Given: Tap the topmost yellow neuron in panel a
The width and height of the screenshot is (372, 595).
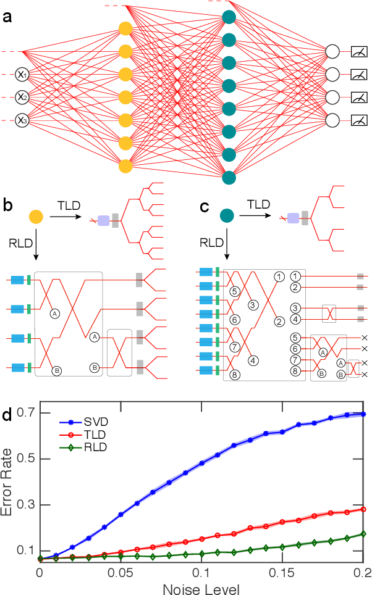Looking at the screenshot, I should click(x=125, y=28).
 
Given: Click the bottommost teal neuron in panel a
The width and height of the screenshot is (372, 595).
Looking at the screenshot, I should click(x=229, y=176).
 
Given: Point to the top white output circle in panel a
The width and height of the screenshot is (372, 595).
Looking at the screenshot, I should click(x=333, y=51).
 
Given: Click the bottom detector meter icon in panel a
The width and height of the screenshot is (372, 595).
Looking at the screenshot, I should click(x=359, y=120).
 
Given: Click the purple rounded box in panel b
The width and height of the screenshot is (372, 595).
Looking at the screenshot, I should click(x=103, y=219).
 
